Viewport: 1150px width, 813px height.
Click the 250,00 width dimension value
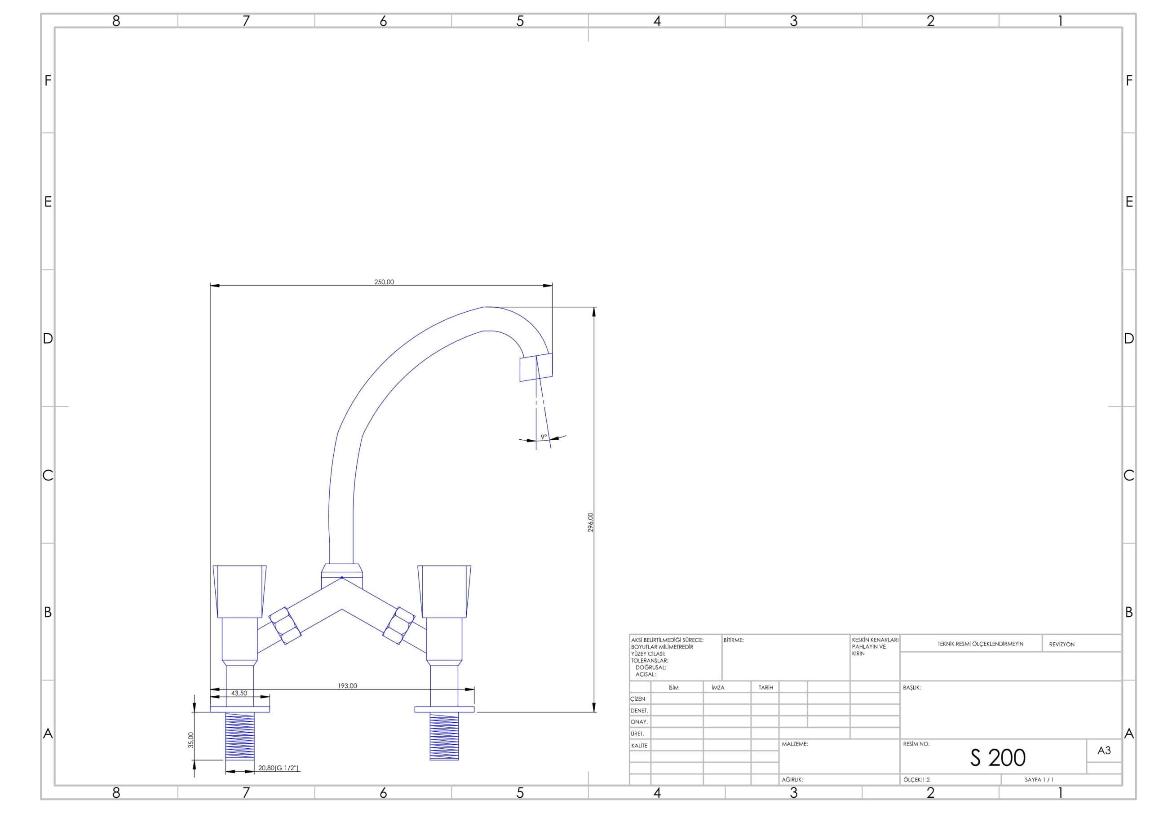pos(384,282)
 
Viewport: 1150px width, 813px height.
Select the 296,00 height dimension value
pos(591,522)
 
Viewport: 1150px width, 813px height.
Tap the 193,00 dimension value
pos(347,686)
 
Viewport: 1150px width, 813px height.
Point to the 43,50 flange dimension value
pos(239,693)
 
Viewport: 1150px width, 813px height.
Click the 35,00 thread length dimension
pos(191,740)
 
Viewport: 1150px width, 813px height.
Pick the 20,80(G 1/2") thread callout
pos(279,768)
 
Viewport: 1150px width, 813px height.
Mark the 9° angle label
pos(544,437)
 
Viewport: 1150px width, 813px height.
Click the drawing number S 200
pos(998,758)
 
